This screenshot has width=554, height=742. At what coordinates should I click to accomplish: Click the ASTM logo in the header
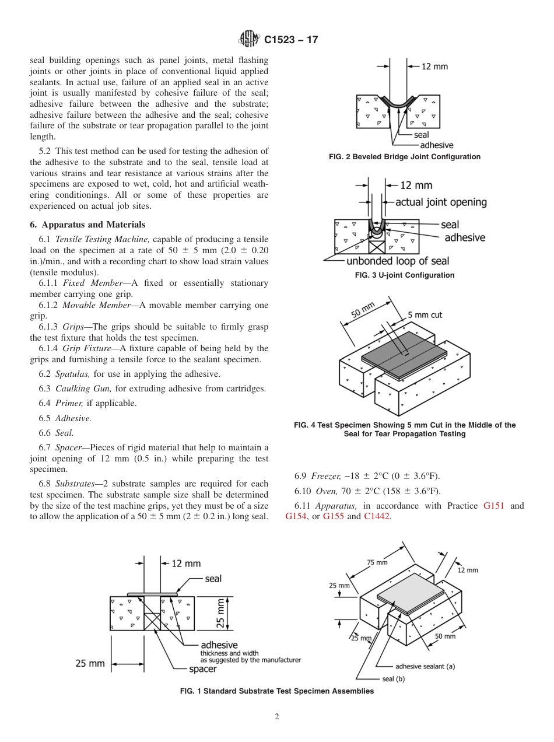click(x=249, y=40)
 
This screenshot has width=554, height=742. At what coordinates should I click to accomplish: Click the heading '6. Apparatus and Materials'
click(x=87, y=225)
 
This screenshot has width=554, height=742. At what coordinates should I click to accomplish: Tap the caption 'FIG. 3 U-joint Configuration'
click(x=405, y=275)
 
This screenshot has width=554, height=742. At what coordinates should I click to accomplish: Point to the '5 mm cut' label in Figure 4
click(x=425, y=315)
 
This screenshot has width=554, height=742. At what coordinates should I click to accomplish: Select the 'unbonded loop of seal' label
click(x=398, y=261)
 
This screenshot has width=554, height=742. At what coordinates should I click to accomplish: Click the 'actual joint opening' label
click(x=441, y=202)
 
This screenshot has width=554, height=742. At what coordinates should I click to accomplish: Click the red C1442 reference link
click(x=377, y=516)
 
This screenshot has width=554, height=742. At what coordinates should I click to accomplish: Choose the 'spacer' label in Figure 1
click(x=202, y=669)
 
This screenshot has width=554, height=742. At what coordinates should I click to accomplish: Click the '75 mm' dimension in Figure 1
click(x=377, y=562)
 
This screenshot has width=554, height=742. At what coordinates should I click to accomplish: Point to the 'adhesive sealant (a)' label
click(x=425, y=666)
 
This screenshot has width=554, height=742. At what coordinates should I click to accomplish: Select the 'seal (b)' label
click(x=393, y=678)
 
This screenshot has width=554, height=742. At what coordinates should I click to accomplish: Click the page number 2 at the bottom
click(x=277, y=717)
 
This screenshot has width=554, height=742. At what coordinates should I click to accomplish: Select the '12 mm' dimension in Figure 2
click(x=434, y=66)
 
